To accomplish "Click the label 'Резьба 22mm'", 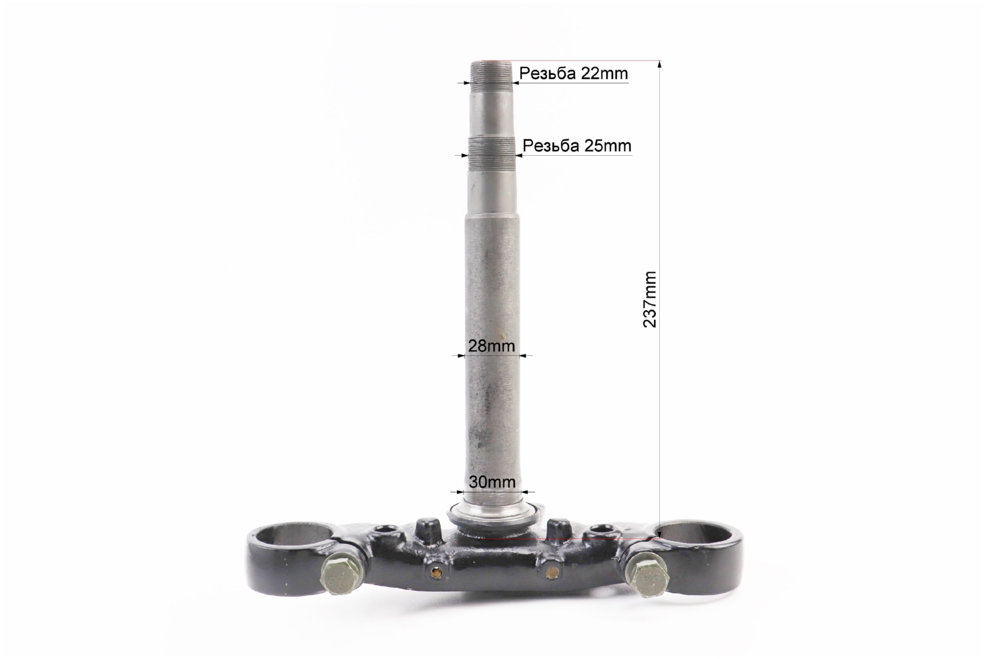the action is click(x=573, y=73).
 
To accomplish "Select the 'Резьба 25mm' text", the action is click(x=577, y=145).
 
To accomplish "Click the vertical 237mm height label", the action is click(x=649, y=299).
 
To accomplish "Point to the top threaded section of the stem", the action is click(x=491, y=73).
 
